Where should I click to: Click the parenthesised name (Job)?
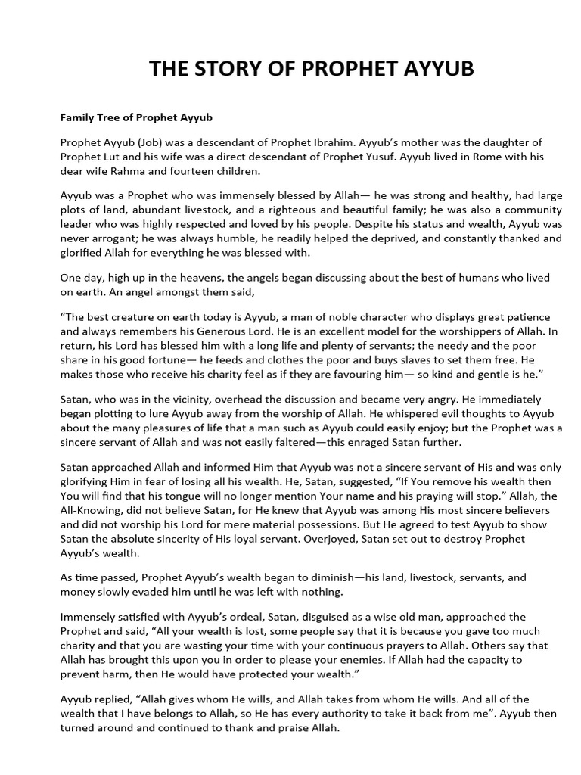(x=154, y=142)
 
